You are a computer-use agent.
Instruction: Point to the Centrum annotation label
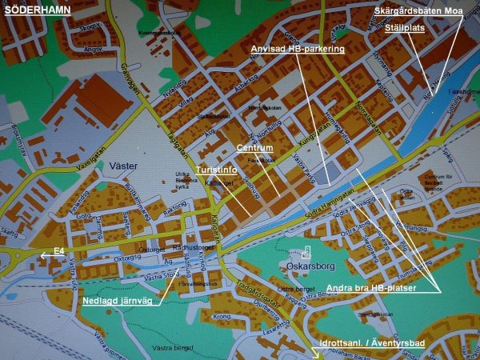click(255, 149)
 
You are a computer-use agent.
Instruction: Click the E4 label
click(58, 251)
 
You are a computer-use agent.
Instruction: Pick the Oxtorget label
click(151, 249)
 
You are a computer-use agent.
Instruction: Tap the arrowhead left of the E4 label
click(43, 255)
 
